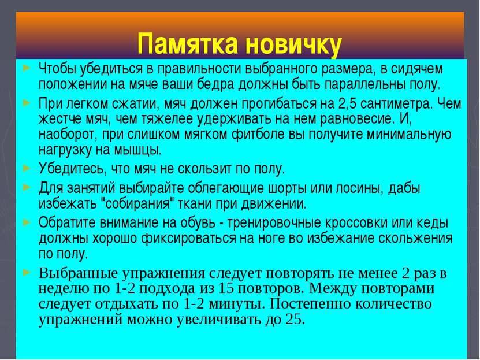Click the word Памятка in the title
click(x=188, y=43)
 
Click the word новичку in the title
click(x=293, y=44)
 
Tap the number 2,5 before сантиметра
click(x=348, y=105)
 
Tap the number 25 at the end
click(x=295, y=320)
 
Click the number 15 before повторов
click(x=226, y=288)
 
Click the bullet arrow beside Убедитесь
click(x=27, y=168)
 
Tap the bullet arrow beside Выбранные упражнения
click(x=27, y=272)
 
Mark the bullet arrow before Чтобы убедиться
click(x=27, y=68)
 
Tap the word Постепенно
click(x=308, y=304)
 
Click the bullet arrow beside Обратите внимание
click(x=27, y=221)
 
